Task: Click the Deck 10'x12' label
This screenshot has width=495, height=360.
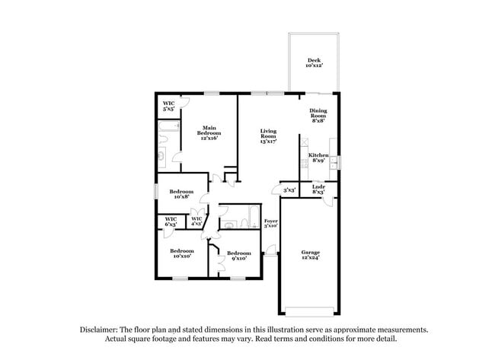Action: pos(313,63)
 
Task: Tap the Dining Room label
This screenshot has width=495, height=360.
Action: pos(318,115)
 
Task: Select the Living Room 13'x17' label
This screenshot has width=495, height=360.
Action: pos(268,136)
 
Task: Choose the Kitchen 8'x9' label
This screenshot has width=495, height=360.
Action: pos(318,158)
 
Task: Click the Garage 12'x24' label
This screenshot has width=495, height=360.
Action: pos(310,254)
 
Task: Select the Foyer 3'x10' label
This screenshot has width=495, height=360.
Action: pos(270,224)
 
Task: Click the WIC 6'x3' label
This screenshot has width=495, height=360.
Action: pos(171,222)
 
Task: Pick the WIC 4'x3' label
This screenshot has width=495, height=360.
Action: pos(196,222)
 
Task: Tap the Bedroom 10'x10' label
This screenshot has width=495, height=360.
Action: pos(181,253)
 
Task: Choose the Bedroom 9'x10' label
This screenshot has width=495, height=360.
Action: pos(238,256)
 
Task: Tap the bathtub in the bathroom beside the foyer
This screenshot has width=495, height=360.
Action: pos(248,216)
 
